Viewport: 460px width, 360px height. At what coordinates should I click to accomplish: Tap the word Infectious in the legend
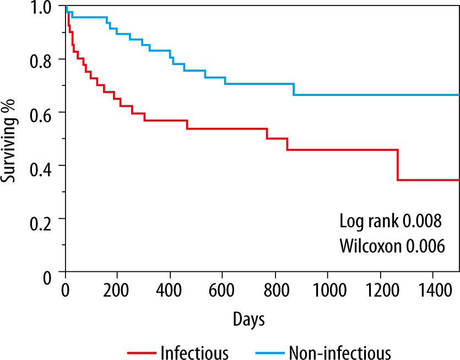click(x=193, y=351)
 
